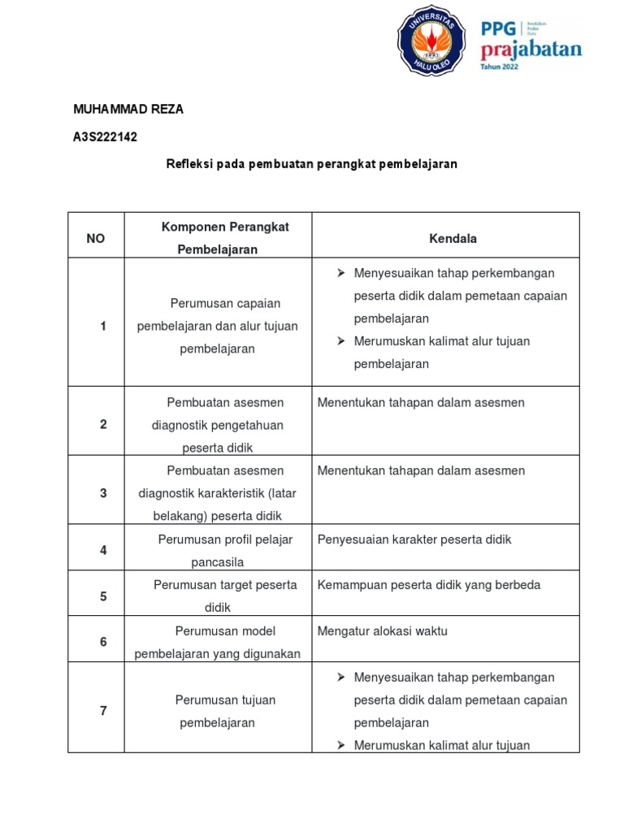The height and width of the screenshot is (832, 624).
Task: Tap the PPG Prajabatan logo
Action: [531, 45]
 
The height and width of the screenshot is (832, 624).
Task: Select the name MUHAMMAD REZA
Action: [128, 110]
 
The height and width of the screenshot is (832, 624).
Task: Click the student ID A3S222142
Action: [106, 137]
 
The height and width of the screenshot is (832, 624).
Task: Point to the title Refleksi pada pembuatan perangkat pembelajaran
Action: [312, 164]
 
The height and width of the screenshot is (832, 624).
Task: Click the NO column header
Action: [96, 238]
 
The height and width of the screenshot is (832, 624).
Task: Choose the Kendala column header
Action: [453, 238]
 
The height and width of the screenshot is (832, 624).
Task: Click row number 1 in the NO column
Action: [103, 326]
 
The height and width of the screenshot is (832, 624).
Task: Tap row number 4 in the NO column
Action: [103, 550]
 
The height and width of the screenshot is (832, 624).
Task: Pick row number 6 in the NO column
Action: [103, 642]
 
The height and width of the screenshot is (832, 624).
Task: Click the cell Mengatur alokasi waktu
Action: [383, 631]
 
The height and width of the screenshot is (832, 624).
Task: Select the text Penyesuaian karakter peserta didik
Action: [414, 539]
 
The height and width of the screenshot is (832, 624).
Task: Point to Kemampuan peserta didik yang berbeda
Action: [429, 585]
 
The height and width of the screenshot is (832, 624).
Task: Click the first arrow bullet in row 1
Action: [342, 273]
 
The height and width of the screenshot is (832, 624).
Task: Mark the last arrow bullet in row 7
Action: [342, 745]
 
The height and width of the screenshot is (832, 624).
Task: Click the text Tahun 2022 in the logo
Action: [500, 67]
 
